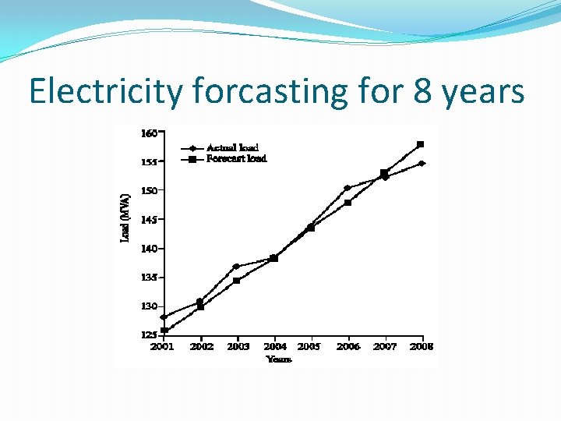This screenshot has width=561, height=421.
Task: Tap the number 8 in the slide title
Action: click(x=423, y=92)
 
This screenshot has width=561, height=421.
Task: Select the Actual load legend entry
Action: click(x=231, y=147)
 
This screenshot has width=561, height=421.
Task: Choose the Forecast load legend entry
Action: click(x=236, y=158)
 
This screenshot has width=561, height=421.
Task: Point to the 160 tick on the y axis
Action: click(x=149, y=133)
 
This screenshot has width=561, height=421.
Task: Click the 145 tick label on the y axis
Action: click(x=149, y=220)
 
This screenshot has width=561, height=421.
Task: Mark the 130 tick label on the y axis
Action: click(x=149, y=306)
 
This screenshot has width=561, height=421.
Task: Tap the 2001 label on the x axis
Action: click(x=162, y=346)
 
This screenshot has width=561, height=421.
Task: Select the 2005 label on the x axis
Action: click(x=309, y=346)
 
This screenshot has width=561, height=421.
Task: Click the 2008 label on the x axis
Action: click(x=422, y=346)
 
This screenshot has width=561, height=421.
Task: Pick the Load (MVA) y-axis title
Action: click(x=125, y=217)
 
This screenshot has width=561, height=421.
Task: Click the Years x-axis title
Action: click(x=279, y=359)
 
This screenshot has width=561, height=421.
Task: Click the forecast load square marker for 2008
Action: click(x=421, y=144)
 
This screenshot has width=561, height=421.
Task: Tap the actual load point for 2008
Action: click(x=422, y=164)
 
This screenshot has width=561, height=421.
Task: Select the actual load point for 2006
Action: click(x=347, y=188)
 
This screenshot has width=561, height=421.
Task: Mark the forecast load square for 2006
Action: click(x=348, y=203)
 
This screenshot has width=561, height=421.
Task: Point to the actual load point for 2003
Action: click(x=235, y=267)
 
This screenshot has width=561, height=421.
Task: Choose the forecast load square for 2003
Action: click(x=236, y=281)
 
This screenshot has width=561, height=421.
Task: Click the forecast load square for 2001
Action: click(x=164, y=330)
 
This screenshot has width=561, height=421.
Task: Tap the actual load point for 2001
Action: click(x=164, y=317)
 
